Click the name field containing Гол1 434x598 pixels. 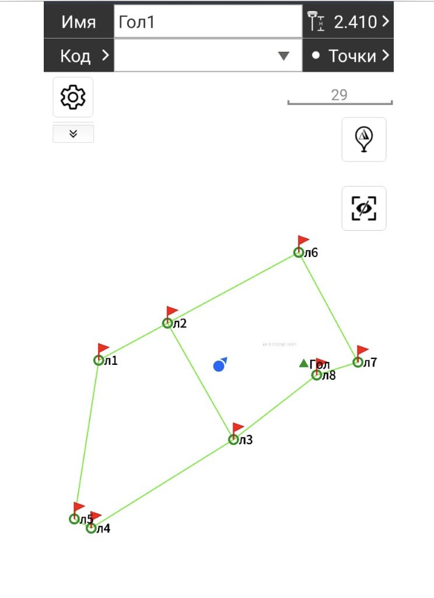(208, 22)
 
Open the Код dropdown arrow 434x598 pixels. (283, 55)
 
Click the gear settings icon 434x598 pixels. (73, 97)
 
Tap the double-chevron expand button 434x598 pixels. (73, 133)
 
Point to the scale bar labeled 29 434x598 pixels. (339, 101)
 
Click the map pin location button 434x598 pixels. (363, 139)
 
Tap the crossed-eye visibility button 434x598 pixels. (363, 208)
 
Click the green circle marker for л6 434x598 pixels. (298, 252)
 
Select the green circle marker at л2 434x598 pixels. (167, 323)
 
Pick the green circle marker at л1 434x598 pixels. (99, 360)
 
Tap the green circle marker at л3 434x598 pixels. (233, 439)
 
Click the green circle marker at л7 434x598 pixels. (358, 363)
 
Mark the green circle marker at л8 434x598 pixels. (316, 375)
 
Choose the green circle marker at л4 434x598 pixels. (91, 528)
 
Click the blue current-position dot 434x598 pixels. (219, 366)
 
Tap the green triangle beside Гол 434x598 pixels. (303, 363)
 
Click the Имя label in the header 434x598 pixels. (79, 22)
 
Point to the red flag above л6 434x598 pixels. (303, 240)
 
